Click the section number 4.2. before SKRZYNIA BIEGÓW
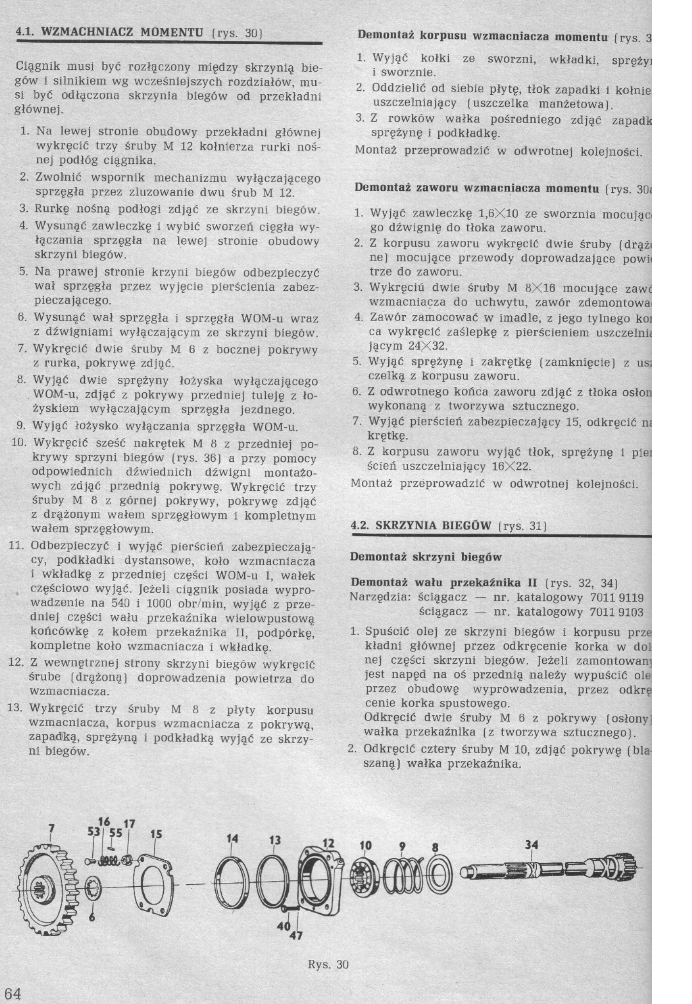pos(360,525)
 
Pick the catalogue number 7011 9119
pos(617,597)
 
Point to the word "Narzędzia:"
pos(380,597)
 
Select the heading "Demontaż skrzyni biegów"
pos(426,557)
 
